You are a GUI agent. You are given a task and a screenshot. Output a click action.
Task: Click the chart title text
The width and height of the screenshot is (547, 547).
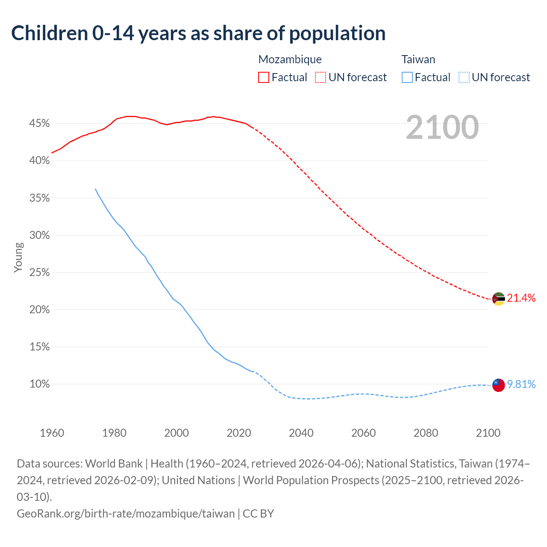tap(198, 33)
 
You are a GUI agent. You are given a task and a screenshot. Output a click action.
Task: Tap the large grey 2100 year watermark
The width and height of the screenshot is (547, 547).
tap(442, 127)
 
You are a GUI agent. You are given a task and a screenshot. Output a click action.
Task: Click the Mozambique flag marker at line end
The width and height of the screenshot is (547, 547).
tap(498, 299)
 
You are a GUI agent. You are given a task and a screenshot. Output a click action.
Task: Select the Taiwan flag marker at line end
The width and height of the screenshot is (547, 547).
tap(498, 385)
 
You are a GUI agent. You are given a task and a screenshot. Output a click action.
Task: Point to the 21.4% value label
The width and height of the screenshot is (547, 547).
tap(521, 298)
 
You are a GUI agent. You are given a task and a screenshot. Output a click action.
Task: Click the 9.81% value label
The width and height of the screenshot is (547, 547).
tap(521, 385)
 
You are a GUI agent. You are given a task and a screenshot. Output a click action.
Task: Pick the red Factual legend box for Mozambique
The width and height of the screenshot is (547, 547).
tap(264, 77)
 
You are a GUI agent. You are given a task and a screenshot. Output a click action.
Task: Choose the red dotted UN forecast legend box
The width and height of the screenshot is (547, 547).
tap(321, 77)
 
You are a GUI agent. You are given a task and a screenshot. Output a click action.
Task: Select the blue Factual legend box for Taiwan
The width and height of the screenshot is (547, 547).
tap(407, 77)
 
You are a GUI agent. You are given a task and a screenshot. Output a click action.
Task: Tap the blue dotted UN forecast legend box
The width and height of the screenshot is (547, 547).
tap(464, 77)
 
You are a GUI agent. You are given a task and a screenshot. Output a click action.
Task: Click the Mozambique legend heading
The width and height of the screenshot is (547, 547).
tap(290, 59)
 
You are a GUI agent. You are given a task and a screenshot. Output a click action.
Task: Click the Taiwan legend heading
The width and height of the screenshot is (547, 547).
tap(418, 59)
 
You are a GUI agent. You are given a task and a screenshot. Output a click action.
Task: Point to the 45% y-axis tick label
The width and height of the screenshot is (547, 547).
tap(40, 124)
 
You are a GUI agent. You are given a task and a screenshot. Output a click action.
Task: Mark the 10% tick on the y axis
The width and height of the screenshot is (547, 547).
tap(40, 384)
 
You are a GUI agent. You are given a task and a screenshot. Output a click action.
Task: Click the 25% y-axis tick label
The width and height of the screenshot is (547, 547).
tap(40, 273)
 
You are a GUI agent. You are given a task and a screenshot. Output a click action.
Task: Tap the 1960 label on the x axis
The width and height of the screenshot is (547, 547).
tap(52, 433)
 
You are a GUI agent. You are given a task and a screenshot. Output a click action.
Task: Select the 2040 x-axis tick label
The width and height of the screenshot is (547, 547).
tap(301, 433)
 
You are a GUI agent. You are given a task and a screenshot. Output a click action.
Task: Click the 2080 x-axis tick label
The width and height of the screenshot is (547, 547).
tap(426, 433)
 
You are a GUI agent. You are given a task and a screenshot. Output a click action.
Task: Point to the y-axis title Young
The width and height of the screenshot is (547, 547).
tap(18, 257)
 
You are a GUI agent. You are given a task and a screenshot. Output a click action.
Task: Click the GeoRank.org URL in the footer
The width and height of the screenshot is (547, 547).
tap(126, 513)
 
